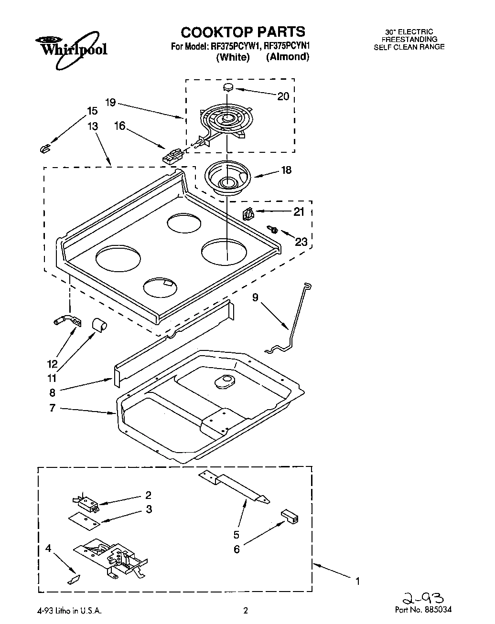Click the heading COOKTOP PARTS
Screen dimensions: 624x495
243,32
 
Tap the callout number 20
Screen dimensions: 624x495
283,96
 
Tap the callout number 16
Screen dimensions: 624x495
119,126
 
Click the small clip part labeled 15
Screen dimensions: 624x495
44,149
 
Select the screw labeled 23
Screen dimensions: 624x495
274,230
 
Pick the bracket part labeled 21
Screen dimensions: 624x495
248,214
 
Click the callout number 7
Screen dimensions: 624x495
52,408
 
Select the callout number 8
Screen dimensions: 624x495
52,392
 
